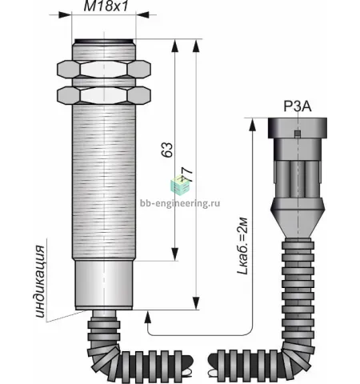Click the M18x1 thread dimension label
[x=106, y=6]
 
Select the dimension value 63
[x=167, y=150]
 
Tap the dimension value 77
[x=187, y=174]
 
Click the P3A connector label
[x=298, y=106]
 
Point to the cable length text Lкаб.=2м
[x=243, y=246]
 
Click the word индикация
[x=41, y=281]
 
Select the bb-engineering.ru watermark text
[x=180, y=204]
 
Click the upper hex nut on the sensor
[x=104, y=70]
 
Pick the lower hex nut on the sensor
[x=104, y=95]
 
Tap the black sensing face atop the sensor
[x=104, y=41]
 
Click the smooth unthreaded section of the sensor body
[x=104, y=286]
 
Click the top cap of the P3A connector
[x=298, y=128]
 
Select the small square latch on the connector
[x=298, y=134]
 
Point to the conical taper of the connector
[x=298, y=218]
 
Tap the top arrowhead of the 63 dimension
[x=174, y=46]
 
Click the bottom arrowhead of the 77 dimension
[x=196, y=303]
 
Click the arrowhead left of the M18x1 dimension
[x=65, y=14]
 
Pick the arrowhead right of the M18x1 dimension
[x=142, y=14]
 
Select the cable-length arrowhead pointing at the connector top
[x=252, y=125]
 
